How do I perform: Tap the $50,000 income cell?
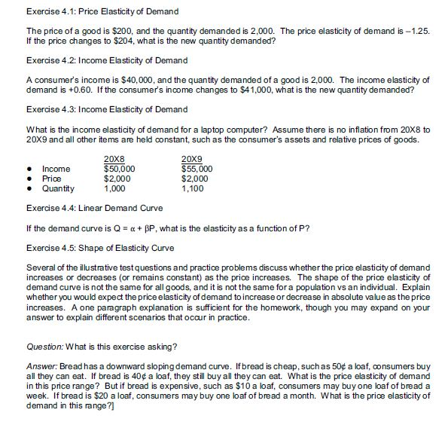click(x=119, y=169)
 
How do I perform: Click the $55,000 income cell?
click(x=198, y=169)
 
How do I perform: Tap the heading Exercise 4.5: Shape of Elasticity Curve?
click(x=100, y=248)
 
